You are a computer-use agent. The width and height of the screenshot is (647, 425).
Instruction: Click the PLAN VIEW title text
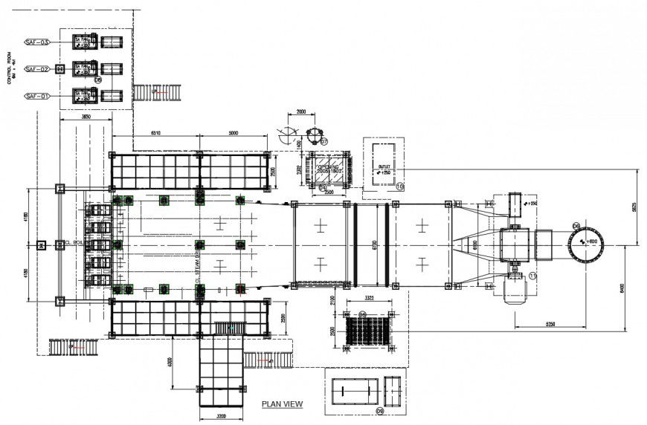point(282,404)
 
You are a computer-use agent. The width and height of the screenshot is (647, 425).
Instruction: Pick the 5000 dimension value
point(233,133)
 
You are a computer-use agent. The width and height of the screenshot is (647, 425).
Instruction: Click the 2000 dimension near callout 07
point(300,111)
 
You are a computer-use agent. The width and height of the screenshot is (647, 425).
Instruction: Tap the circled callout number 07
point(323,140)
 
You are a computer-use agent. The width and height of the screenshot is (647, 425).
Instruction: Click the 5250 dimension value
point(548,324)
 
